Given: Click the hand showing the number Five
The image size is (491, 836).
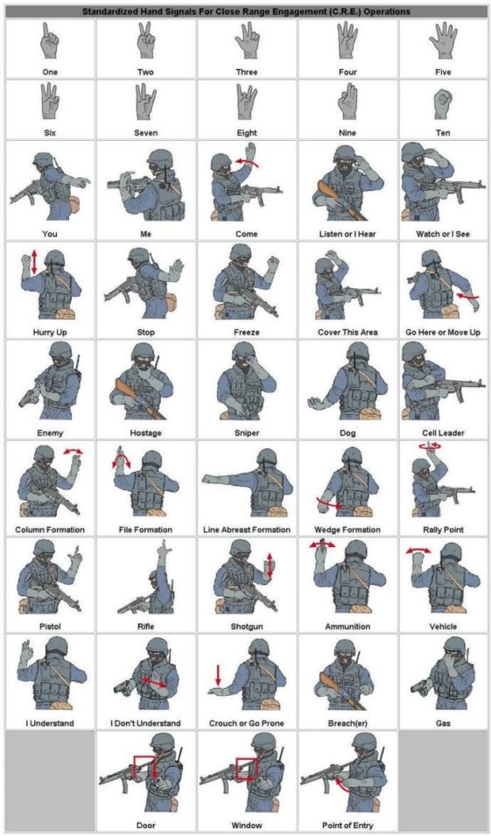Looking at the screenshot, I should point(444,42).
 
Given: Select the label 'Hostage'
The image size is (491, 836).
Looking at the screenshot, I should point(146,432).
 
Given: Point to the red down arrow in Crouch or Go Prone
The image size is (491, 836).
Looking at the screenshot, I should point(217,675).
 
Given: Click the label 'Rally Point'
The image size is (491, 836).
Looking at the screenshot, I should point(443,530).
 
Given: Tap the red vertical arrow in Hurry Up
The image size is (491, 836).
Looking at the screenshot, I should point(34,262).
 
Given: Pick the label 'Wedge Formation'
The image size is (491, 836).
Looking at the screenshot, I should point(347,530).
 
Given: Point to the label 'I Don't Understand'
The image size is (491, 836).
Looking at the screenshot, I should point(145,723).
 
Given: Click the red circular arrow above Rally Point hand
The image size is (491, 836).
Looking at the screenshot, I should point(428,446).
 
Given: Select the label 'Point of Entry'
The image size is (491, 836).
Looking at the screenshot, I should point(347,825).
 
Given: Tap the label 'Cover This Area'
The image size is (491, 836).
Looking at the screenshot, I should point(347,333).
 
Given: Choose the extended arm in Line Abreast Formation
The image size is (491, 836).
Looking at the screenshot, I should point(228,479).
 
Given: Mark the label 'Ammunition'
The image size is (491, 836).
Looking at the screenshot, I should point(347,626).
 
